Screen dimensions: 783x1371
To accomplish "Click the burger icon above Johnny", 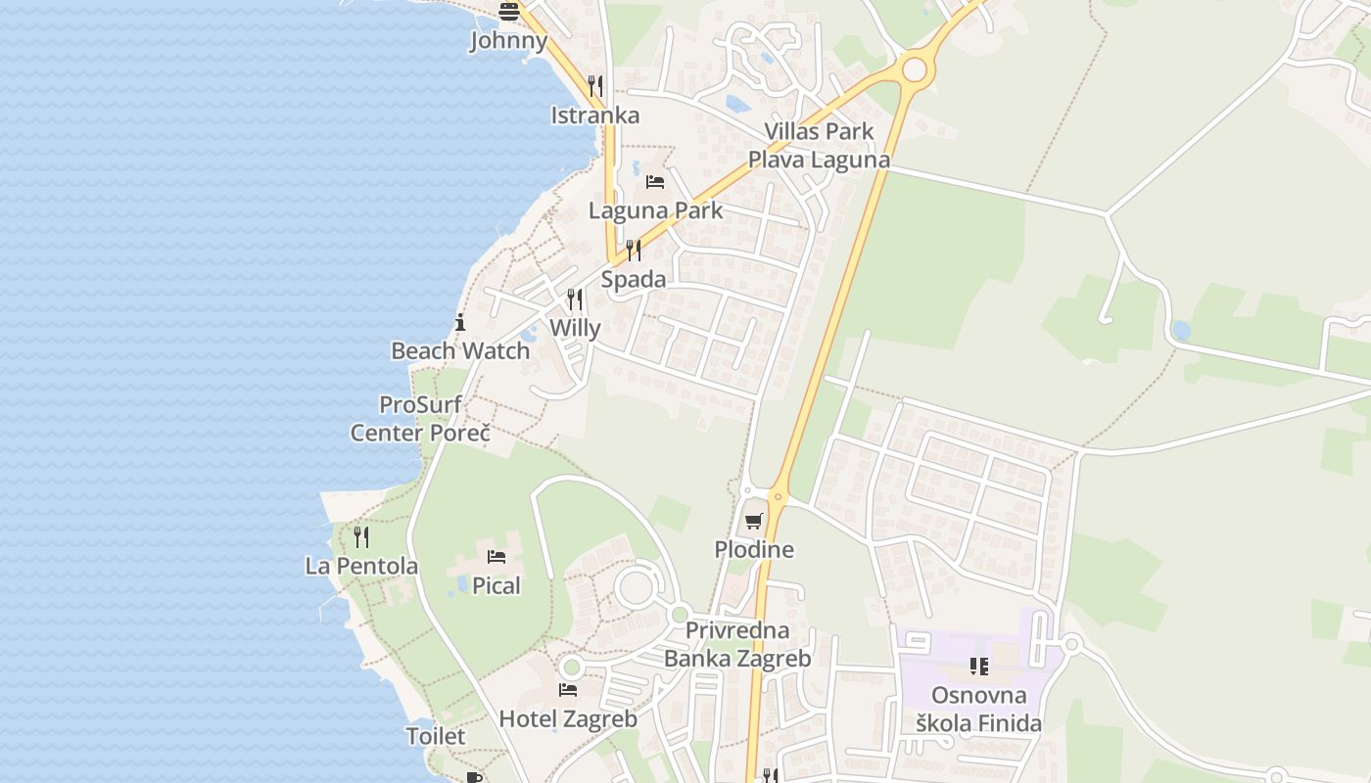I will pos(508,12).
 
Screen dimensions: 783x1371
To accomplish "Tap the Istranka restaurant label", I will pos(594,115).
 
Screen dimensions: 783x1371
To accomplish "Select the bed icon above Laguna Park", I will pos(655,182).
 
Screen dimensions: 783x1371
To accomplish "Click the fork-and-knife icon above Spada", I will pos(634,251).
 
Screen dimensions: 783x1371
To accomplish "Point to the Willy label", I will pos(575,328).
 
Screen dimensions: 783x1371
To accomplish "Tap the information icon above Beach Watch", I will pos(460,322).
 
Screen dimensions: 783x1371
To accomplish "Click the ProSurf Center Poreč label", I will pos(420,419).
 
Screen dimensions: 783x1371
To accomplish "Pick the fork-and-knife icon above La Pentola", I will pos(361,536).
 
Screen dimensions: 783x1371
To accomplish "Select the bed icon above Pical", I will pos(496,557).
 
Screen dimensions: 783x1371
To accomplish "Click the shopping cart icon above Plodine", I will pos(753,521).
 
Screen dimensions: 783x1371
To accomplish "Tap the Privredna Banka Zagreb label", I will pos(737,645).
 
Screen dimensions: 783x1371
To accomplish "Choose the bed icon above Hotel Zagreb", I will pos(568,690).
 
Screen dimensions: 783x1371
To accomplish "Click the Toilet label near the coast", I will pos(436,736).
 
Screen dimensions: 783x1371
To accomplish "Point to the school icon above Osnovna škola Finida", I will pos(978,667).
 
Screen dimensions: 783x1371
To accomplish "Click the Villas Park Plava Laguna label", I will pos(820,146).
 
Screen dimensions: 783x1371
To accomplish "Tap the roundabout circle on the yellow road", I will pos(915,69).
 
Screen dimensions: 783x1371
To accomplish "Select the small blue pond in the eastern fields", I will pos(1180,330).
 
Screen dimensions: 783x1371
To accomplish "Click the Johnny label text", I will pos(508,41).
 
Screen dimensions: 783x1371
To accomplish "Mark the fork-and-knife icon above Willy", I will pos(575,299).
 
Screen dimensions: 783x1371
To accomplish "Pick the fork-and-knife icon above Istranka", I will pos(594,86).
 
